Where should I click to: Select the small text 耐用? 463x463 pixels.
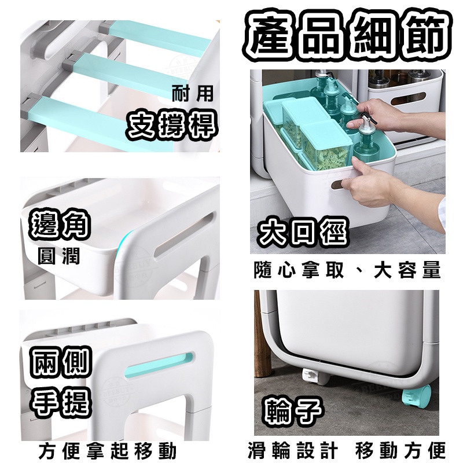pos(192,94)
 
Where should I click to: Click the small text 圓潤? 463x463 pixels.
pos(59,256)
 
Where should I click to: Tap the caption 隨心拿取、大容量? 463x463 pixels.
pos(347,270)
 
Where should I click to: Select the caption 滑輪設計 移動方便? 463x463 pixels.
pos(347,450)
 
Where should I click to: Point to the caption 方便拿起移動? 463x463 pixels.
pos(107,451)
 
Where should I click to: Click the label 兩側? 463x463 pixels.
pos(61,362)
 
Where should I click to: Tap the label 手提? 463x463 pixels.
pos(61,402)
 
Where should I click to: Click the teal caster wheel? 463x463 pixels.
pos(417,396)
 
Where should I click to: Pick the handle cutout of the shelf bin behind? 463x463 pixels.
pos(408,98)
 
